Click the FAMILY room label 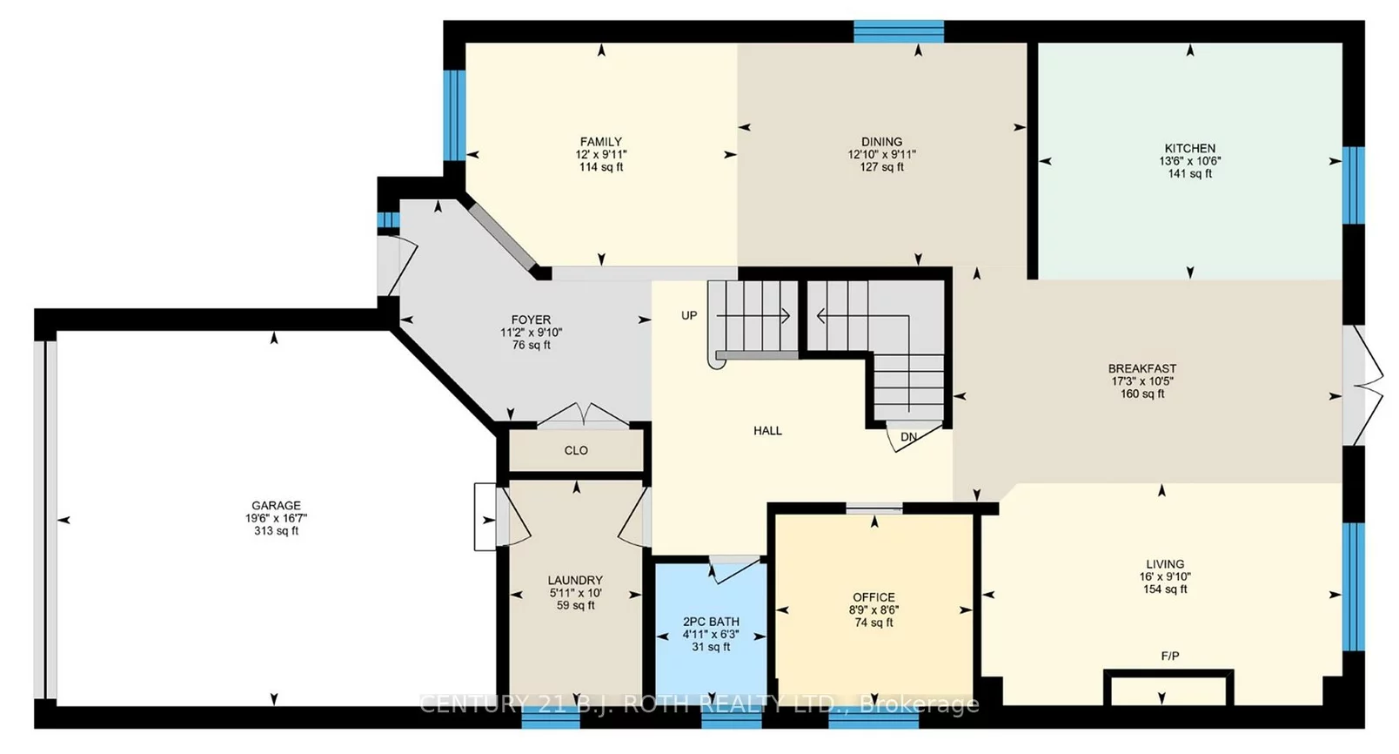click(601, 142)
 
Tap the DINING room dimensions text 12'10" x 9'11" click(881, 154)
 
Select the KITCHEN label click(1189, 148)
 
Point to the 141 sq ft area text click(1189, 173)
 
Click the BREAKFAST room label click(1142, 368)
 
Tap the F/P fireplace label click(1170, 656)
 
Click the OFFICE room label click(874, 597)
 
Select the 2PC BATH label click(711, 622)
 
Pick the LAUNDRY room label click(575, 580)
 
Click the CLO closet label click(576, 450)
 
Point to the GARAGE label click(276, 505)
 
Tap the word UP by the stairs click(689, 315)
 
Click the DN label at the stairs click(908, 437)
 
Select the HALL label click(767, 430)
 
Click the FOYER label click(531, 320)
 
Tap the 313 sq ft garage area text click(276, 530)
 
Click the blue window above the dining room click(899, 31)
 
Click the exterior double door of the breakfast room click(1362, 386)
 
